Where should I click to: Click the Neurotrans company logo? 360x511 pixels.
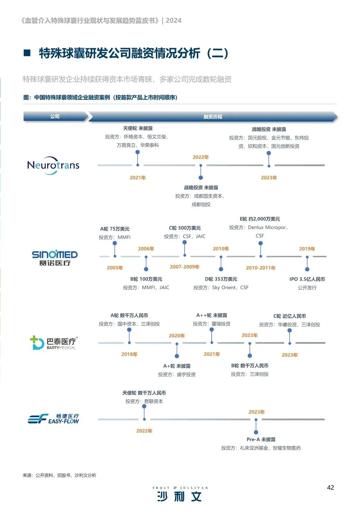[53, 165]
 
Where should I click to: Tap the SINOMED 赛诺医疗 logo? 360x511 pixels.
[55, 258]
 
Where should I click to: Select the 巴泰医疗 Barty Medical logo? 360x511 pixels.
[54, 342]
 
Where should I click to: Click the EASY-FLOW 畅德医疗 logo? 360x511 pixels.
[53, 419]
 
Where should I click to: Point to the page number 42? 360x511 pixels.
[330, 487]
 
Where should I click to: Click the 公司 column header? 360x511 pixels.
[55, 117]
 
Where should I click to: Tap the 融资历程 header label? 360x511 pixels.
[213, 117]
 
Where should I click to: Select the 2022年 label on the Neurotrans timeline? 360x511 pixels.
[201, 157]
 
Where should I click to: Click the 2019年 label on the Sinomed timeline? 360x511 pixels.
[307, 249]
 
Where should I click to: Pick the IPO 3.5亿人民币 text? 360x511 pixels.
[307, 279]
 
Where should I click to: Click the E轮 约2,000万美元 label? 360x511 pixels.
[260, 219]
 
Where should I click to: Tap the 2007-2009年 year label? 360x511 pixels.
[184, 267]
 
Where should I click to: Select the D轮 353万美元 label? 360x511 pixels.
[221, 279]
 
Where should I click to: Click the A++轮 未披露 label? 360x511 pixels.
[212, 315]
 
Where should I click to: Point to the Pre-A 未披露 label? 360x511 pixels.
[261, 439]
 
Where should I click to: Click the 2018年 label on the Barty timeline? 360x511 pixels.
[129, 354]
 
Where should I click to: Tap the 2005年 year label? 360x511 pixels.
[115, 268]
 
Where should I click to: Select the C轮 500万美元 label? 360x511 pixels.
[185, 228]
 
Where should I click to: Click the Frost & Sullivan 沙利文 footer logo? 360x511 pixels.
[180, 494]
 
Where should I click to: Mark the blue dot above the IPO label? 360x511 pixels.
[307, 269]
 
